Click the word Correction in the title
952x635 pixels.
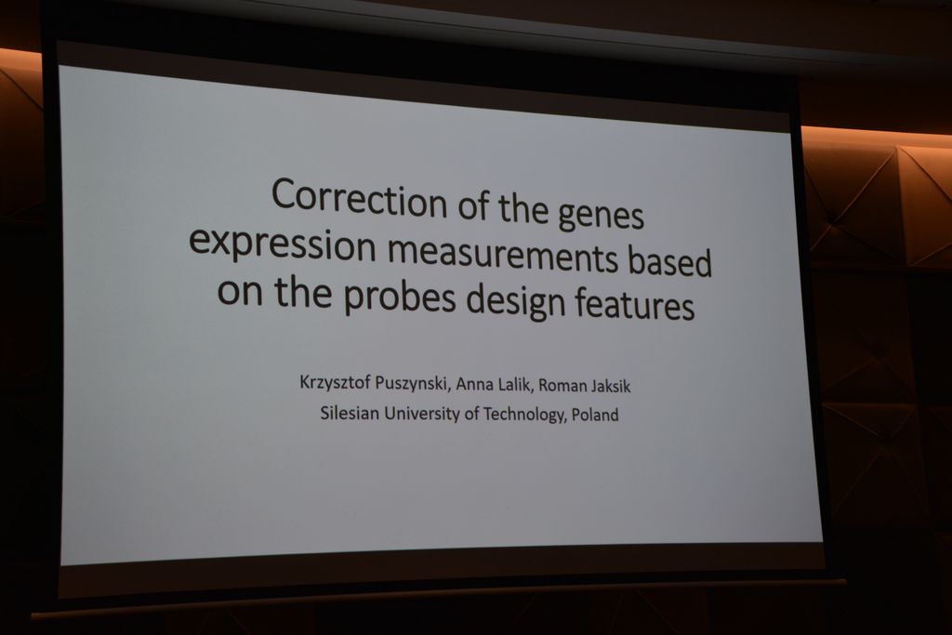359,199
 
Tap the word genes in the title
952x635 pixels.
600,216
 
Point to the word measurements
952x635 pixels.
503,254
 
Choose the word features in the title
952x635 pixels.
634,302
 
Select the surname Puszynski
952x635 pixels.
412,384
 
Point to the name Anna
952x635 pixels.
474,384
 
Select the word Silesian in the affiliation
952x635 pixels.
350,413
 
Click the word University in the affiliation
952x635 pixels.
422,414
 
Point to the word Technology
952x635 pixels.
524,415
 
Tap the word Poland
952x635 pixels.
595,416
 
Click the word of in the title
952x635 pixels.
473,205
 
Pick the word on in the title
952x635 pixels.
240,290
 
